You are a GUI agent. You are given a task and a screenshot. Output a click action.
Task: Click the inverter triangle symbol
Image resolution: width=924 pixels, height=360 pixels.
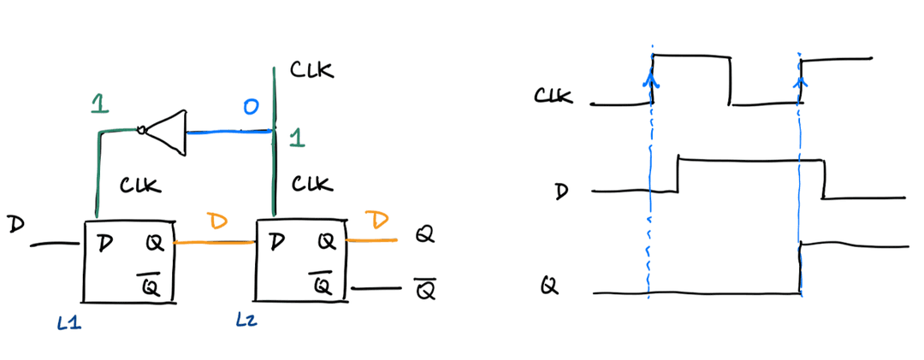pyautogui.click(x=168, y=132)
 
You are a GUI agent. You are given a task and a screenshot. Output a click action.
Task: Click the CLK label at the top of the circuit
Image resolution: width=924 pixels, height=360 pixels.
pyautogui.click(x=311, y=70)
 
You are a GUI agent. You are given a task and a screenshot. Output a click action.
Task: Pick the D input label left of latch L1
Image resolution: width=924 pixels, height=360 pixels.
pyautogui.click(x=15, y=226)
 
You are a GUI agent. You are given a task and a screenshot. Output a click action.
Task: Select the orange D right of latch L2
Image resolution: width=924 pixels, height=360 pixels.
pyautogui.click(x=376, y=222)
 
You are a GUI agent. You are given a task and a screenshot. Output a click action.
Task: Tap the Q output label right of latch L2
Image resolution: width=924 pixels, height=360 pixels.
pyautogui.click(x=423, y=233)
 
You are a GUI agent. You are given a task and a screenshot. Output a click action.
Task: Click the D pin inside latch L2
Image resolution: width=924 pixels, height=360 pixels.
pyautogui.click(x=275, y=242)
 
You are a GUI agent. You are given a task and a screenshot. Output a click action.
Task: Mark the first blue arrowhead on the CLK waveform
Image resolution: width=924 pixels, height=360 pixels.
pyautogui.click(x=652, y=80)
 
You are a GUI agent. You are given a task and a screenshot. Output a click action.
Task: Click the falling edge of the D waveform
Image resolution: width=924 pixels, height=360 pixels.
pyautogui.click(x=823, y=179)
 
